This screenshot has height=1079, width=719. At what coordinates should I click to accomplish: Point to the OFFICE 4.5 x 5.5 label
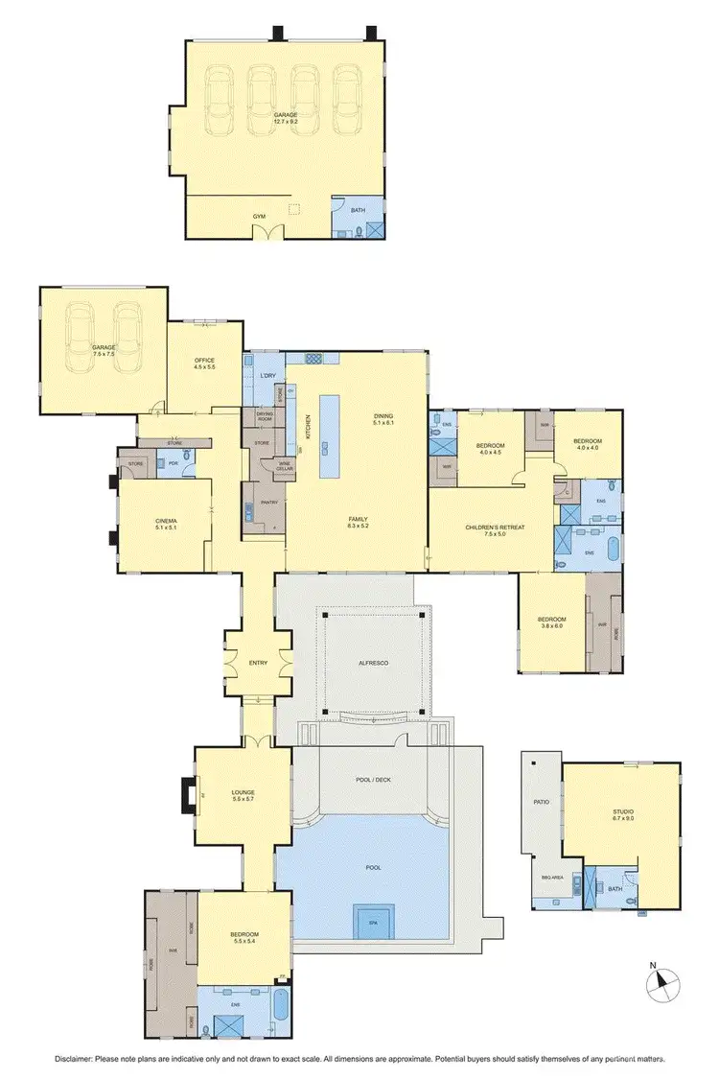tap(204, 364)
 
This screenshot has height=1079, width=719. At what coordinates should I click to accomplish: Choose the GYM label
tap(259, 217)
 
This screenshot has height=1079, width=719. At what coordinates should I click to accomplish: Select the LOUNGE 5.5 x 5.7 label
tap(243, 796)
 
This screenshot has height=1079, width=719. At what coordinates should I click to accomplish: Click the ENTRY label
tap(258, 663)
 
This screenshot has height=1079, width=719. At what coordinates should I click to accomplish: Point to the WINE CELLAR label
tap(284, 466)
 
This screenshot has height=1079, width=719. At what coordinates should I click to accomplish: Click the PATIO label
tap(542, 800)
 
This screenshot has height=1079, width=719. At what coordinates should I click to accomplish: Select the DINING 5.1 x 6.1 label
tap(383, 418)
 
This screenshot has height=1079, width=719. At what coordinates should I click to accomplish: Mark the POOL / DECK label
tap(373, 780)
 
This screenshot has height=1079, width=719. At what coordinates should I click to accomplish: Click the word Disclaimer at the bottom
tap(74, 1059)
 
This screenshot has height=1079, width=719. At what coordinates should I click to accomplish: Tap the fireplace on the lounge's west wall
tap(186, 795)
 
